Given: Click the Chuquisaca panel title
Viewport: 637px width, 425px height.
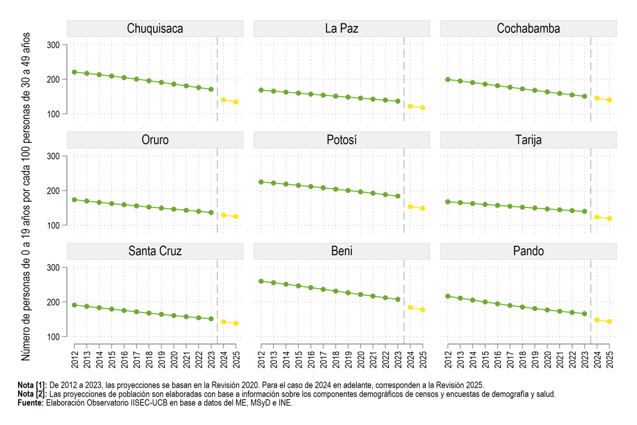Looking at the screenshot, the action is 155,29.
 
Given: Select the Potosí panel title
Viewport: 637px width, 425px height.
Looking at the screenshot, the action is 341,140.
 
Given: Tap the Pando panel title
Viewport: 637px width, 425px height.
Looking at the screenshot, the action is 528,251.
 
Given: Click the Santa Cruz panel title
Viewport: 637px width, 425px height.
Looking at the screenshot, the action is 155,251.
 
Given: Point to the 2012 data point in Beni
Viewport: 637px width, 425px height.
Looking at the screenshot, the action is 261,281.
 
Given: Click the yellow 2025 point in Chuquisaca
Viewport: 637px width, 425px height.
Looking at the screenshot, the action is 236,102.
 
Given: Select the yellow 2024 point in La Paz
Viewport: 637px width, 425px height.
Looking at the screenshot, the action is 410,106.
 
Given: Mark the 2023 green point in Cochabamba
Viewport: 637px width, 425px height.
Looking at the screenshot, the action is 584,97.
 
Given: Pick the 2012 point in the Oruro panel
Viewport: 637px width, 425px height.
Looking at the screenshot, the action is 74,200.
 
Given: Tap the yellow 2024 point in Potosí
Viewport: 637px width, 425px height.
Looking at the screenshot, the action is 410,207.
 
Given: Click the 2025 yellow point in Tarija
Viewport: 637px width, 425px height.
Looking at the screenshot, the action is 609,218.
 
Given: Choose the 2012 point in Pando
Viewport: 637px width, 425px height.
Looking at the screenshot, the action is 448,296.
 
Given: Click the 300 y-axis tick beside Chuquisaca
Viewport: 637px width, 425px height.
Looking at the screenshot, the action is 54,45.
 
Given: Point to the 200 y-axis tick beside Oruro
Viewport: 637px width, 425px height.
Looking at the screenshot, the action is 54,191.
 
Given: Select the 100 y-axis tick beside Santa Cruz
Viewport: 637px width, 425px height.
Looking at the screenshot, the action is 54,337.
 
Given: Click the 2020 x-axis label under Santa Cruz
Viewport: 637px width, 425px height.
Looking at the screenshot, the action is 174,360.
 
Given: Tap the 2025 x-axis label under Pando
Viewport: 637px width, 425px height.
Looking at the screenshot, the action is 609,360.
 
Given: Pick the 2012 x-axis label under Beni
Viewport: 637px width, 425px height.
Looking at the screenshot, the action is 261,360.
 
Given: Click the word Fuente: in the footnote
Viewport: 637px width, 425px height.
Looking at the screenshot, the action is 31,403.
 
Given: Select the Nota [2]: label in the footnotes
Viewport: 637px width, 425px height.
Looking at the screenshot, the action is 32,394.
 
